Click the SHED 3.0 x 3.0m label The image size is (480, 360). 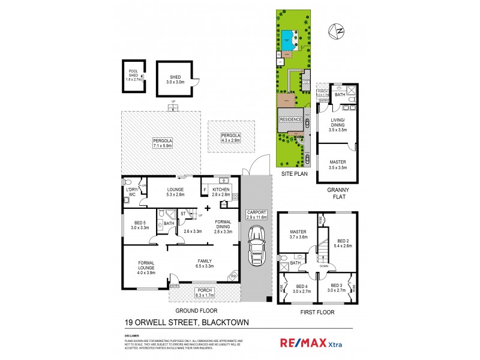point(175,79)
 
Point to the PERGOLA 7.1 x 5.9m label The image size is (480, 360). point(163,142)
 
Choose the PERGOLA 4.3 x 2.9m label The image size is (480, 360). point(230,137)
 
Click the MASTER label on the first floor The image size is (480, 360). point(298,234)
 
